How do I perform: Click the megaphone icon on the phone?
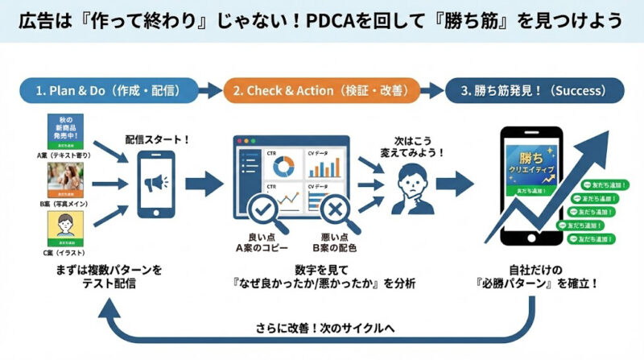(x=157, y=184)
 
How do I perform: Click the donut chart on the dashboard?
(x=283, y=165)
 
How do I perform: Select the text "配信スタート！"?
(x=157, y=139)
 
